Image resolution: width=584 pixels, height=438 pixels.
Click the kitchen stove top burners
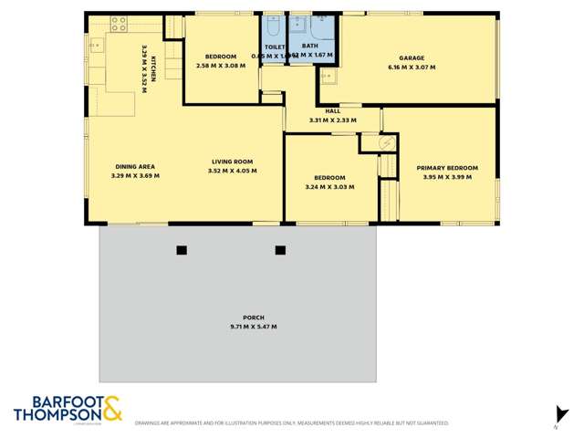[x=119, y=24]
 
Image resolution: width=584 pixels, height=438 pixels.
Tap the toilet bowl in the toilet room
[x=275, y=26]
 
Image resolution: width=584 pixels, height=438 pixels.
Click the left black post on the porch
[x=182, y=250]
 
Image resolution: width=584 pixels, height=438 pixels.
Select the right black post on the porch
[x=280, y=250]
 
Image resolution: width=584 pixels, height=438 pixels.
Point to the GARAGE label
[x=412, y=57]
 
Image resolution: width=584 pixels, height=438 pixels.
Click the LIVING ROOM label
[x=232, y=162]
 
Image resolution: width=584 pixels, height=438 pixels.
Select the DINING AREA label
[x=134, y=166]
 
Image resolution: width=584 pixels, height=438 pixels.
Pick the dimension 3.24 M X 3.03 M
[x=329, y=187]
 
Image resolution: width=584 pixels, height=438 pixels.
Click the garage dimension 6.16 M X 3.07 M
[x=412, y=67]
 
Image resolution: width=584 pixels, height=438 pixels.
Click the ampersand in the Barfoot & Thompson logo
[x=111, y=407]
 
